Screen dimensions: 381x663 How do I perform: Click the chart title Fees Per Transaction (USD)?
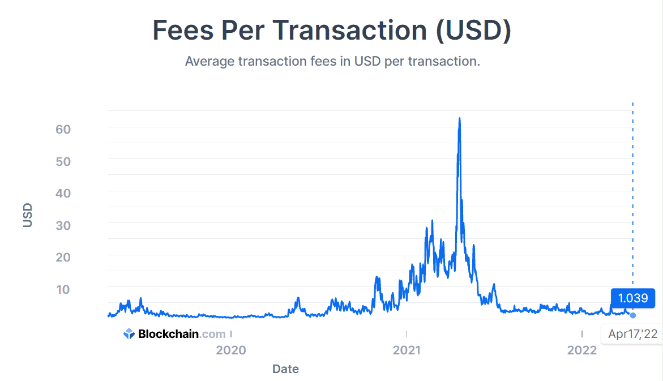click(x=332, y=30)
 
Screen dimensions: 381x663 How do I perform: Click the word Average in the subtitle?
click(x=209, y=61)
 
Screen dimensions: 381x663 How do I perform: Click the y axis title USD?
click(x=28, y=215)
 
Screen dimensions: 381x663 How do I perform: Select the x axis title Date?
click(x=285, y=369)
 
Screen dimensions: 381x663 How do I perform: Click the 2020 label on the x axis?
click(x=231, y=350)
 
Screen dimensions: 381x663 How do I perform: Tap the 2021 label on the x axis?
click(x=407, y=350)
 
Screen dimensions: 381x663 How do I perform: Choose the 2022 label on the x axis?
click(x=582, y=350)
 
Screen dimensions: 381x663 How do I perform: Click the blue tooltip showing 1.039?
click(x=632, y=298)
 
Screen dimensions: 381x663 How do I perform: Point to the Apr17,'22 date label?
click(x=632, y=334)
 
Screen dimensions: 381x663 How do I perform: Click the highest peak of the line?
click(x=459, y=118)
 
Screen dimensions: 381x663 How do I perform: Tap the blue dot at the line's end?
click(x=633, y=315)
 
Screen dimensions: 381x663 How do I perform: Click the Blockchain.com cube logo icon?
click(x=129, y=334)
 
